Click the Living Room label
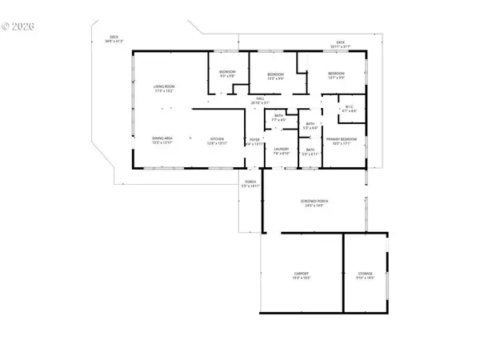164,88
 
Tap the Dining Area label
162,141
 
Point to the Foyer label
254,142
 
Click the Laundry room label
280,150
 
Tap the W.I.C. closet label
350,109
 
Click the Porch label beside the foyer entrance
250,184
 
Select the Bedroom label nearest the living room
227,74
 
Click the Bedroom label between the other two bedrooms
276,77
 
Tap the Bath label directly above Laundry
279,118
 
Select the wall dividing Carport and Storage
343,272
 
